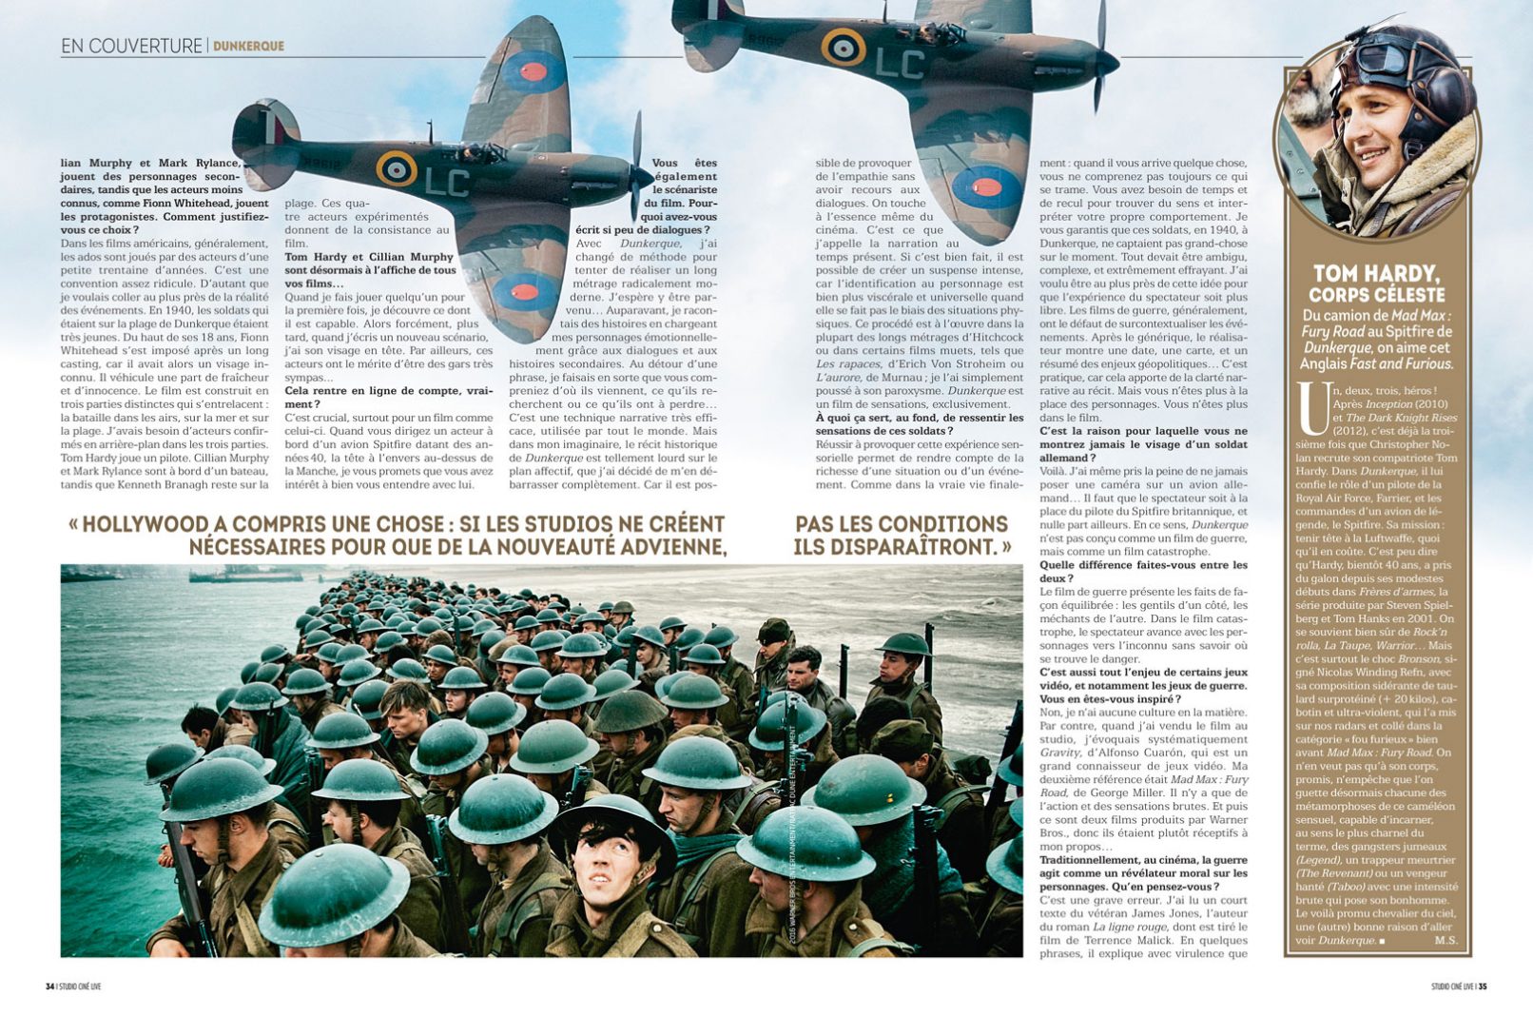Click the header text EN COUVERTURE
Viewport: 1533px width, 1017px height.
click(131, 46)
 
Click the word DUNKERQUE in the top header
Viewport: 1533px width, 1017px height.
click(248, 46)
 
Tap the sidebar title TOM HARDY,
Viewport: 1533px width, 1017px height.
click(1376, 274)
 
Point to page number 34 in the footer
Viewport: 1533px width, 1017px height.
click(49, 987)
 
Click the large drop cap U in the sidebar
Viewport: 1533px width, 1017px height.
click(1311, 407)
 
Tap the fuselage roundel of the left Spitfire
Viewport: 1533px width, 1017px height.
click(397, 168)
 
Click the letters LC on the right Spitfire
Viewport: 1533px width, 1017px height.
click(899, 63)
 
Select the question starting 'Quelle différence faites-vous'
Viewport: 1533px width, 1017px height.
click(1142, 571)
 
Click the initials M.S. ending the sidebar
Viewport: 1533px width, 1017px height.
click(1446, 940)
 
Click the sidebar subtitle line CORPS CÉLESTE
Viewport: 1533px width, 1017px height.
click(1376, 295)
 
